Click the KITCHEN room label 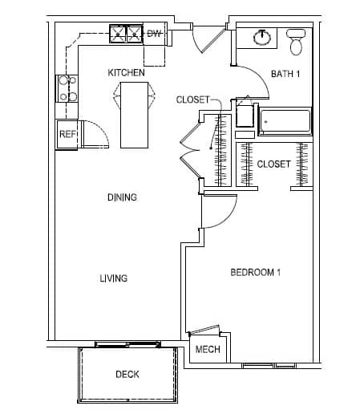click(x=126, y=72)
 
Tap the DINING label click(x=122, y=197)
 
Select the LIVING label click(x=114, y=278)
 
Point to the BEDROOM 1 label click(x=255, y=273)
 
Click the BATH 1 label click(x=285, y=74)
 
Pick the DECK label click(x=127, y=374)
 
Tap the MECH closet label click(x=208, y=349)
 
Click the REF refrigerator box click(x=67, y=134)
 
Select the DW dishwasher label click(x=154, y=34)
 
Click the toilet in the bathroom click(x=296, y=42)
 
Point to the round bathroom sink click(x=262, y=38)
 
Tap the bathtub click(x=285, y=121)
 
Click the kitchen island click(x=134, y=115)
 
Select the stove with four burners click(x=67, y=88)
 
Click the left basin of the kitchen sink click(x=118, y=34)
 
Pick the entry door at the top click(x=212, y=39)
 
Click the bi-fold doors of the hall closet click(x=190, y=149)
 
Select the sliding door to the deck click(x=128, y=344)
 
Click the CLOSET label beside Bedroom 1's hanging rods click(x=273, y=164)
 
